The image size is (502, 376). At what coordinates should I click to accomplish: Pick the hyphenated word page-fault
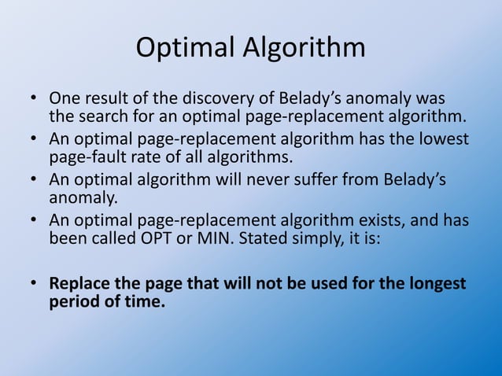[84, 157]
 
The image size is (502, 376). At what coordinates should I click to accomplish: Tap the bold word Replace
[79, 283]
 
